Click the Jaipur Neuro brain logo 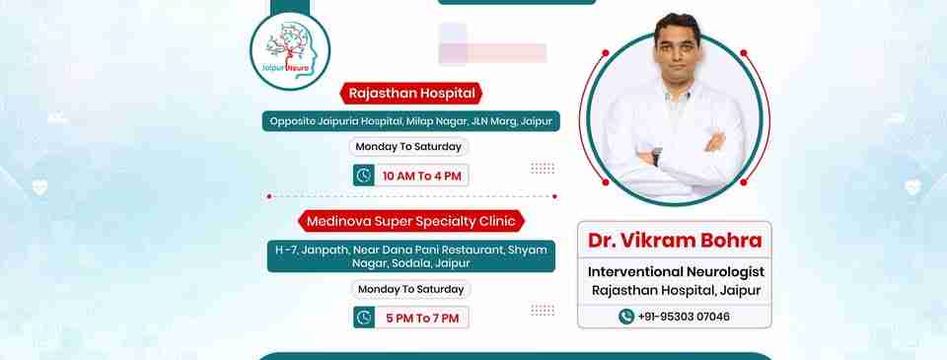[x=290, y=50]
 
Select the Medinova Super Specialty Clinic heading [x=410, y=221]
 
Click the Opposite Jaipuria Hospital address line [x=410, y=120]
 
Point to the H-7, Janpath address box [x=410, y=256]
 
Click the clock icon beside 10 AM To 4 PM [x=364, y=176]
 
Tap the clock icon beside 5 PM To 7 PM [x=364, y=318]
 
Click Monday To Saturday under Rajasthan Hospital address [x=408, y=147]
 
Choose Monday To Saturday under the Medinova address [x=410, y=289]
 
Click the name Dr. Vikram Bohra [x=675, y=241]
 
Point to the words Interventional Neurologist [x=676, y=272]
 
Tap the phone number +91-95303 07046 [x=684, y=317]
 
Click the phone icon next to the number [x=626, y=317]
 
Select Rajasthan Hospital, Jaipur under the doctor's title [x=676, y=291]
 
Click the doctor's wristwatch [x=657, y=157]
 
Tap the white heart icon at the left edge [x=39, y=187]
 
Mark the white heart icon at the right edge [x=912, y=187]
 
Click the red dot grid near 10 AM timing [x=543, y=168]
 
